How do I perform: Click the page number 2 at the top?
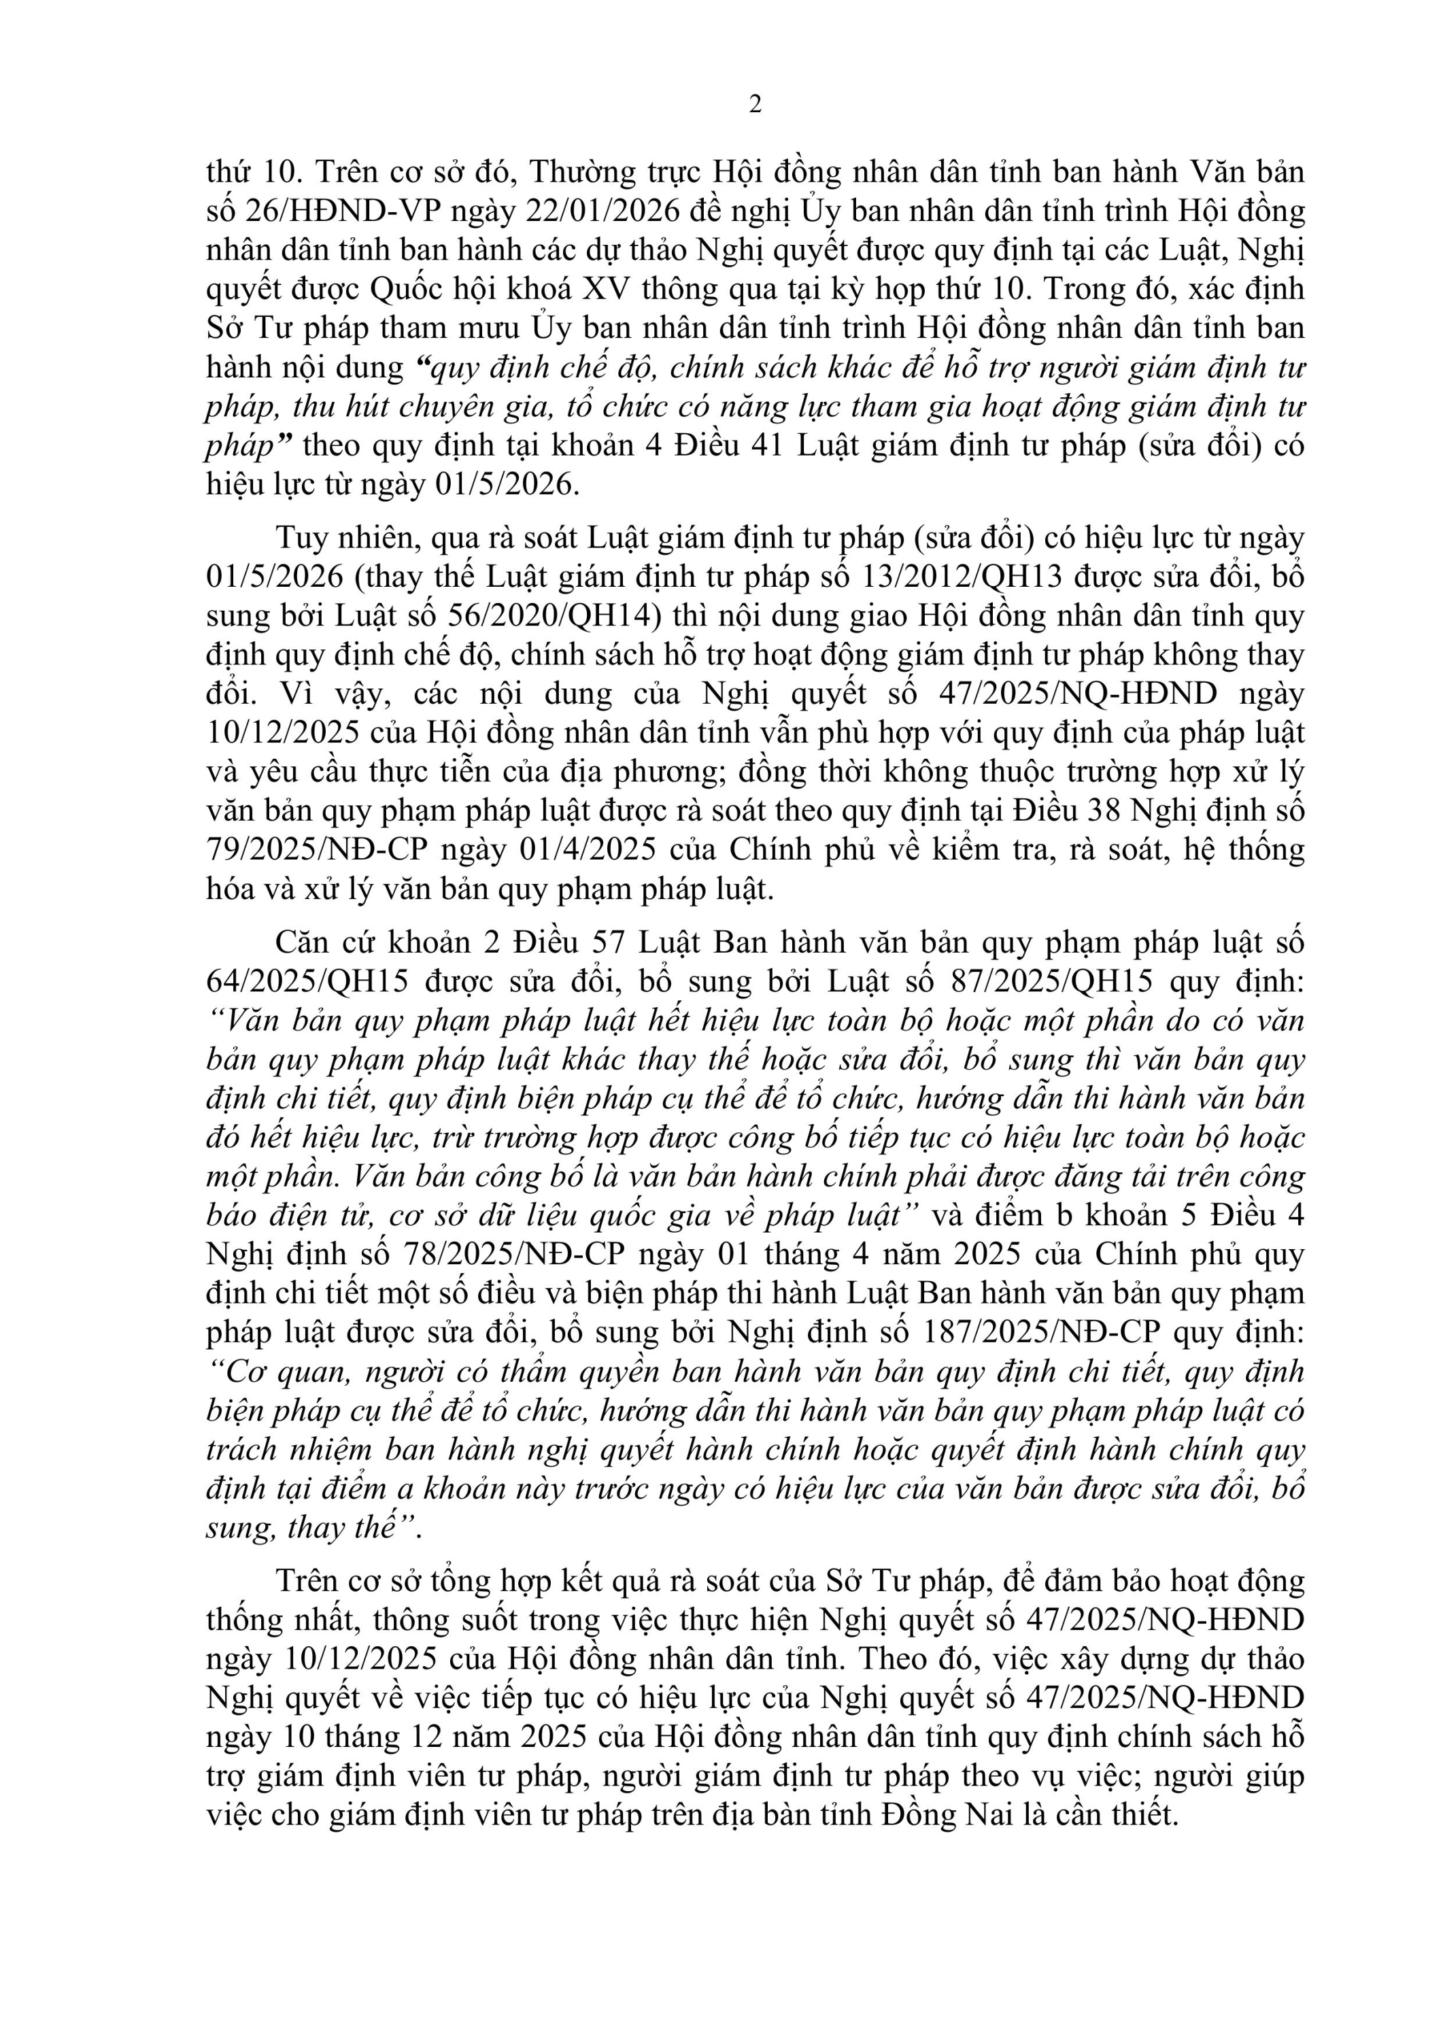[x=756, y=105]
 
